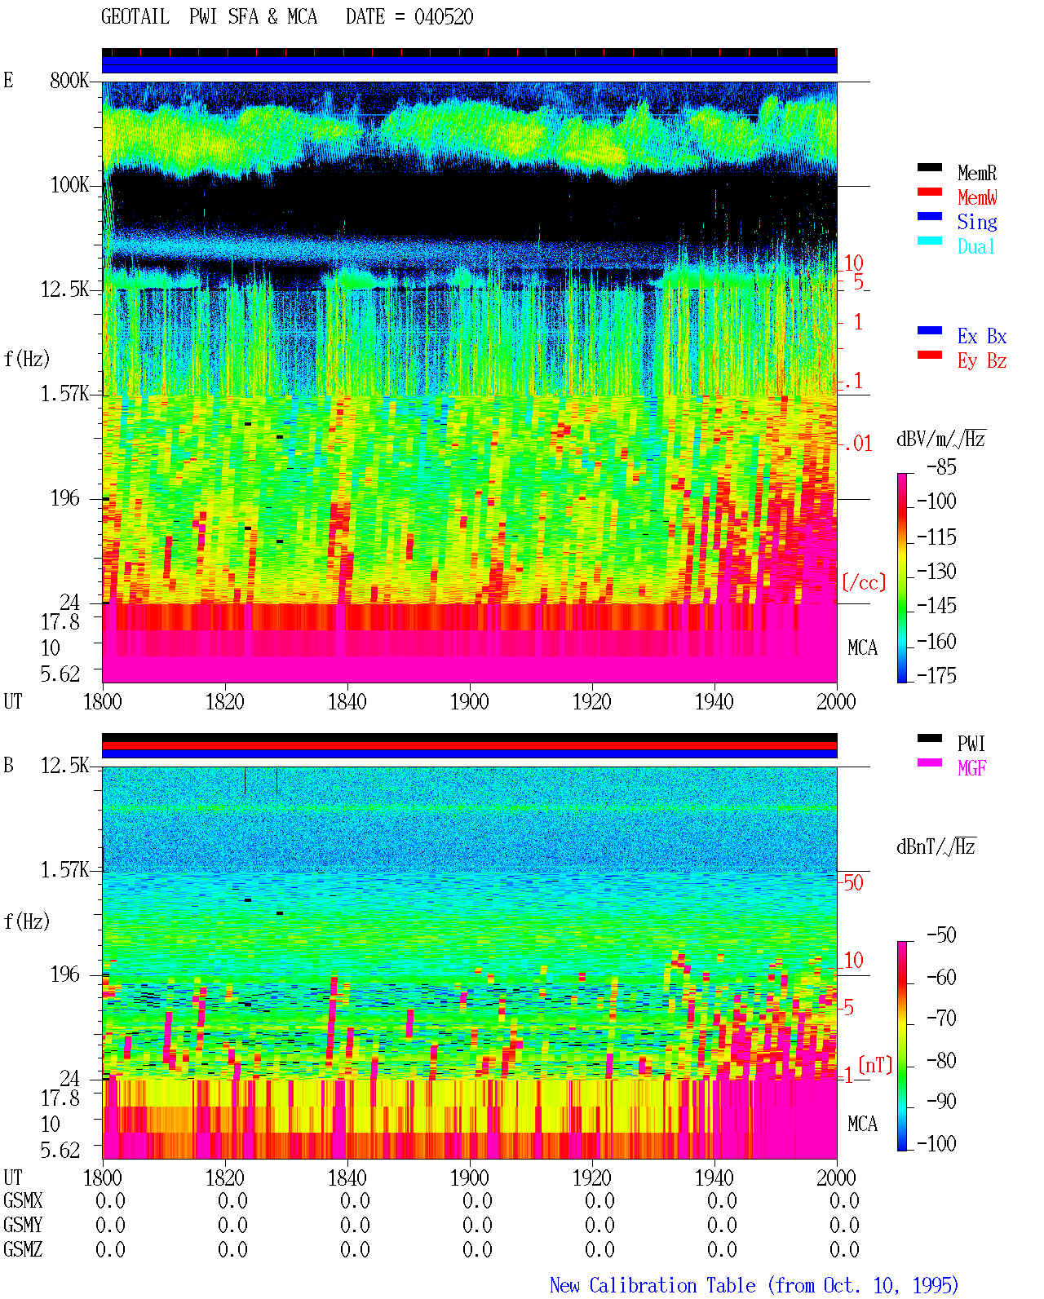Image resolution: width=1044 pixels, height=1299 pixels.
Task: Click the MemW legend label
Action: click(x=976, y=197)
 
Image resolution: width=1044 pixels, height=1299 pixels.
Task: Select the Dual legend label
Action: click(x=975, y=246)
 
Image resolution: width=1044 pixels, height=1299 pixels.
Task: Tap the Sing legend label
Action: click(x=976, y=222)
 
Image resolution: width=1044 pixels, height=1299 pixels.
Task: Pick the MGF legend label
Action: click(x=971, y=768)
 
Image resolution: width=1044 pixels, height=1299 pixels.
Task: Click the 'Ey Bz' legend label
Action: click(x=981, y=360)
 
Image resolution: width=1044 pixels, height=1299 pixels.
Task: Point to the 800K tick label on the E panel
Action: click(x=69, y=80)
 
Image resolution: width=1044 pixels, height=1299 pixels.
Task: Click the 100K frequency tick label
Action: click(x=69, y=185)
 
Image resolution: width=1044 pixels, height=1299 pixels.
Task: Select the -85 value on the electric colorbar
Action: click(x=941, y=466)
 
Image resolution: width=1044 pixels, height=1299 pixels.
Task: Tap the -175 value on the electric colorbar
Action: click(x=936, y=675)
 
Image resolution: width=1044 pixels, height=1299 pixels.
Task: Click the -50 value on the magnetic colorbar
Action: click(x=941, y=935)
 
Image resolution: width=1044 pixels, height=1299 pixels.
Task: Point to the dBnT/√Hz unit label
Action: click(x=936, y=847)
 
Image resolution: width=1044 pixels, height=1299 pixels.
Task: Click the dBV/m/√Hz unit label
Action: click(x=940, y=439)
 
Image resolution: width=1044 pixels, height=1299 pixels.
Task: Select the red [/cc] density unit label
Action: click(x=864, y=582)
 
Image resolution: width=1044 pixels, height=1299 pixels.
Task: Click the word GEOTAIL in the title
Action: click(x=135, y=17)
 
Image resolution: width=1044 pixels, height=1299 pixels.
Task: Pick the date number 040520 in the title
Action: click(x=444, y=17)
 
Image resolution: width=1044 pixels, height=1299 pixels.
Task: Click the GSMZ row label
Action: click(x=23, y=1249)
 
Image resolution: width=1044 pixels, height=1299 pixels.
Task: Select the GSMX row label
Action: click(x=23, y=1200)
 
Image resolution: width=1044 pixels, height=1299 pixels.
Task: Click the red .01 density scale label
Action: click(x=858, y=444)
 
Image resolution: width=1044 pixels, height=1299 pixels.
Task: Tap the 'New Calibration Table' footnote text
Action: click(x=652, y=1285)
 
